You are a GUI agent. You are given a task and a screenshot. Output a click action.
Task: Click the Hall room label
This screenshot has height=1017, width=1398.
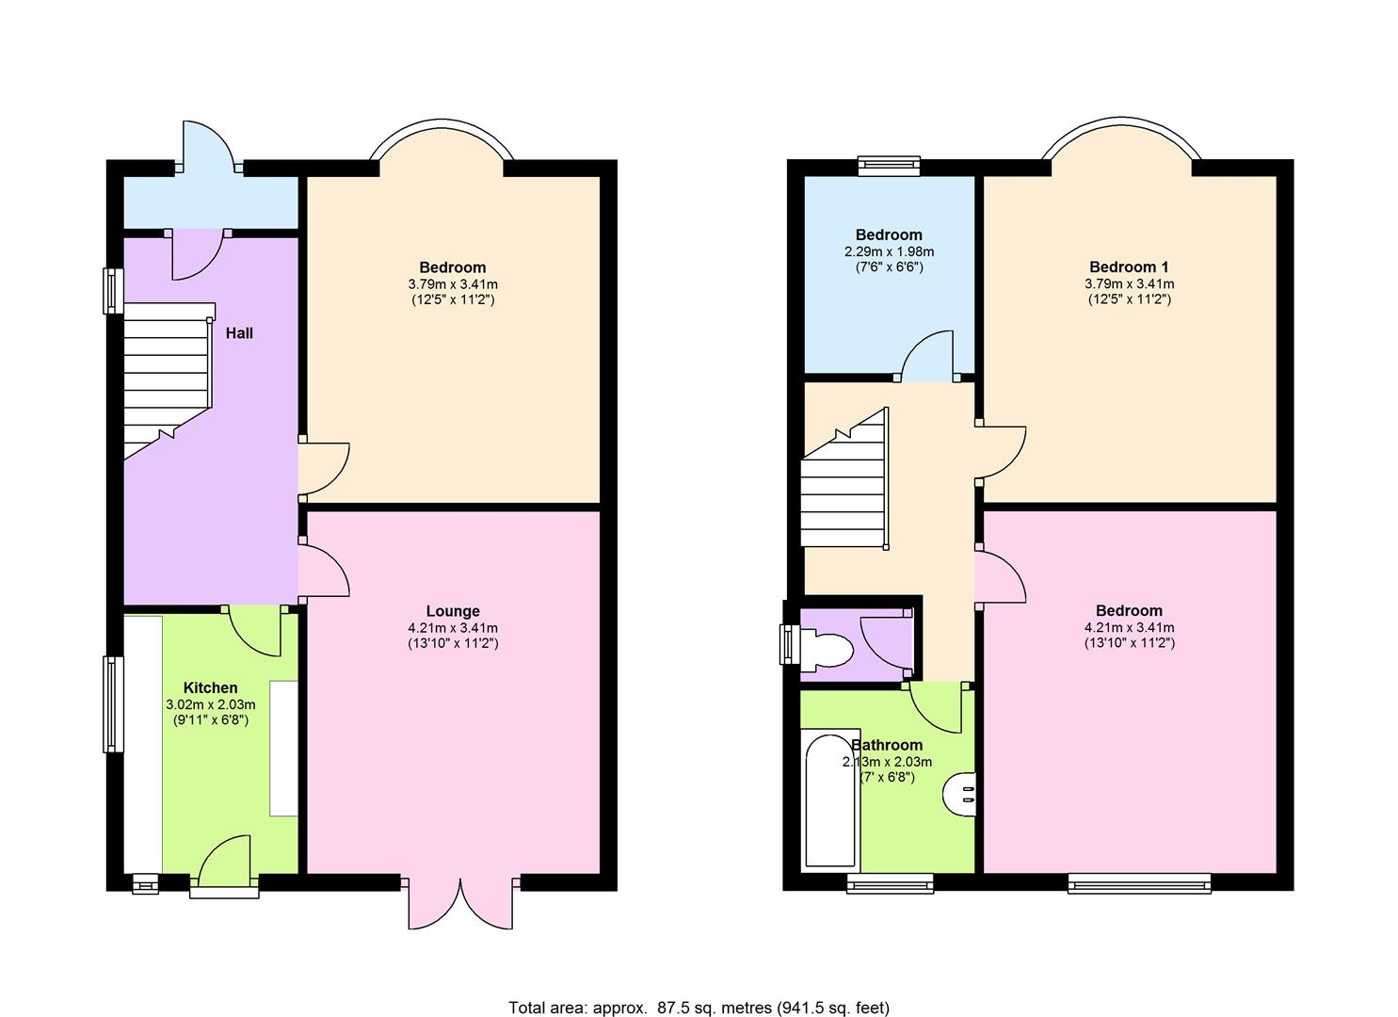(239, 333)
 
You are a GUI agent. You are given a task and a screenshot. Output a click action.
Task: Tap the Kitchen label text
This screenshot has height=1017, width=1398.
(210, 688)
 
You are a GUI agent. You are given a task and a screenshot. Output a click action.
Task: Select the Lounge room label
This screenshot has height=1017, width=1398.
(453, 611)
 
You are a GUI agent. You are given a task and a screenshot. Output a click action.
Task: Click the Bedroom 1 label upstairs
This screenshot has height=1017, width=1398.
(1129, 267)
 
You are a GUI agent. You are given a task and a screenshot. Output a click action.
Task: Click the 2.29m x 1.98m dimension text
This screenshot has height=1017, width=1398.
(889, 251)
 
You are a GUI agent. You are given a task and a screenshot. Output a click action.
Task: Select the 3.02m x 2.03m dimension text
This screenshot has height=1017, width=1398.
(210, 704)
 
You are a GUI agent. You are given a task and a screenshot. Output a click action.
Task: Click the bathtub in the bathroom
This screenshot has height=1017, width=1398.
(830, 800)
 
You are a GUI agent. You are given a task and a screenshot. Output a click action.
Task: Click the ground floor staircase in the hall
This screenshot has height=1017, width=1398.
(167, 377)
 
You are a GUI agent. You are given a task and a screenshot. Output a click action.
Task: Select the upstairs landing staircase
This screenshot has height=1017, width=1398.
(844, 490)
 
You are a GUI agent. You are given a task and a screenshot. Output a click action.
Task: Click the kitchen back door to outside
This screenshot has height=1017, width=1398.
(224, 862)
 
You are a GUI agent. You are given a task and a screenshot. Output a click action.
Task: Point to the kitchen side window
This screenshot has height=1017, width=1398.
(113, 703)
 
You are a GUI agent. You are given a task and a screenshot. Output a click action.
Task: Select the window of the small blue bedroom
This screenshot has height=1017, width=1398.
(888, 166)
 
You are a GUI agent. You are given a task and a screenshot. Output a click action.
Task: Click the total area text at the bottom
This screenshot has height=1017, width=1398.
(699, 1008)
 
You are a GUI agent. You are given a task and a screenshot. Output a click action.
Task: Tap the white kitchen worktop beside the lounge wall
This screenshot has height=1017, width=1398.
(283, 748)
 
